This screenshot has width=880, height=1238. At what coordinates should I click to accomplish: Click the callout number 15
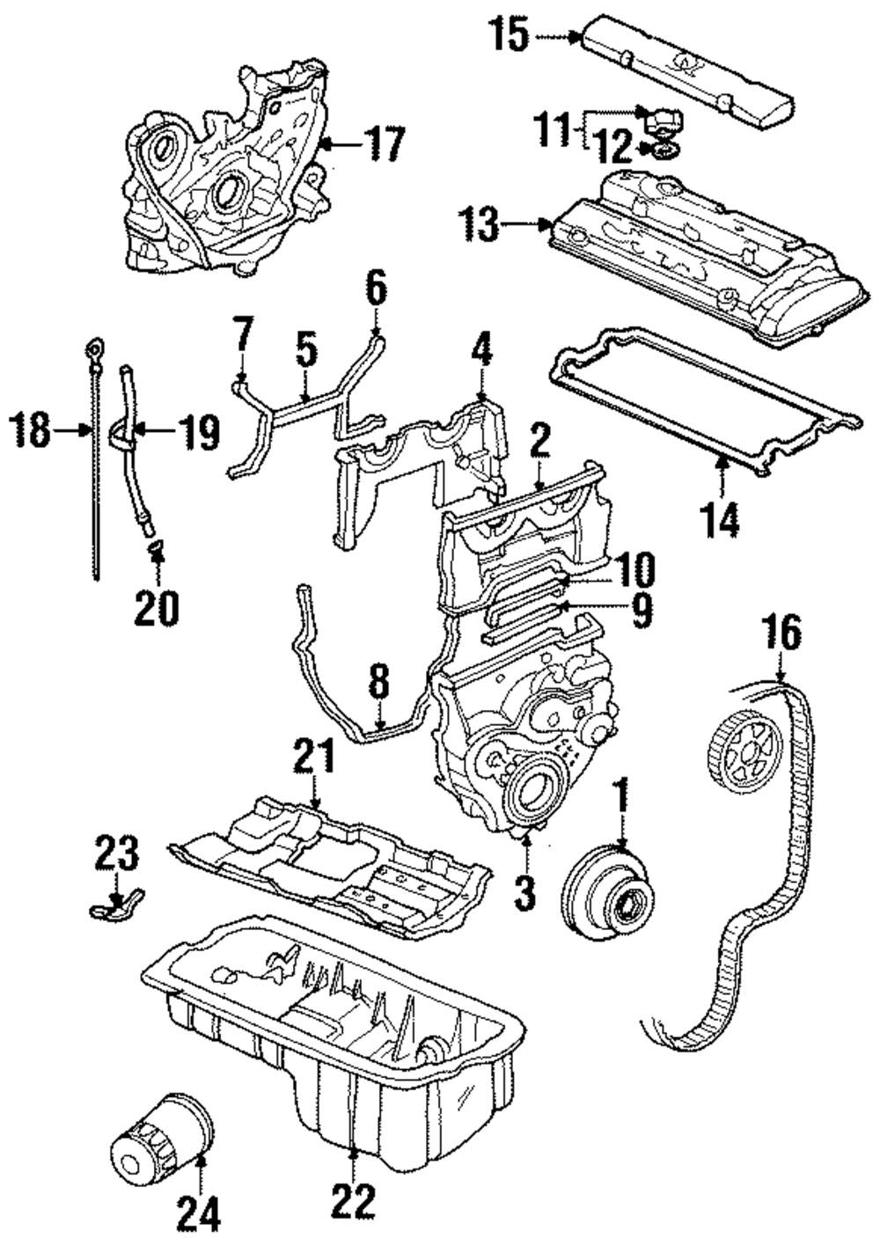pyautogui.click(x=510, y=35)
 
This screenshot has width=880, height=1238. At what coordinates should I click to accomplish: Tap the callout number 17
pyautogui.click(x=386, y=143)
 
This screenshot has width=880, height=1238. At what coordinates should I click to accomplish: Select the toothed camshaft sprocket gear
pyautogui.click(x=746, y=751)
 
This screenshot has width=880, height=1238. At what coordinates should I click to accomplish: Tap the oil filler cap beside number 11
pyautogui.click(x=664, y=121)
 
